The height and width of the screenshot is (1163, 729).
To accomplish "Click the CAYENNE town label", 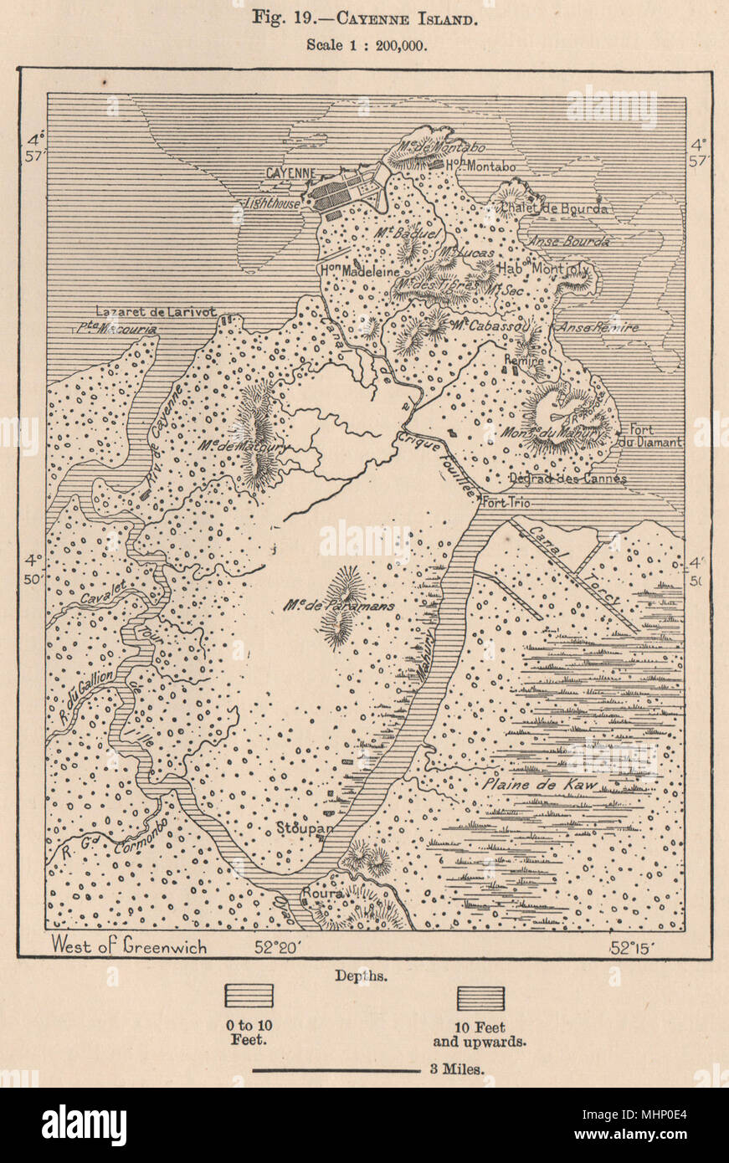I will point(290,173).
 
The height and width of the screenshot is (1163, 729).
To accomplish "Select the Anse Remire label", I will point(598,327).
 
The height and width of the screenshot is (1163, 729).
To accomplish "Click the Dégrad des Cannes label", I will point(567,479).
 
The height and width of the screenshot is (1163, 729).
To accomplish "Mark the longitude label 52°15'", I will point(632,947).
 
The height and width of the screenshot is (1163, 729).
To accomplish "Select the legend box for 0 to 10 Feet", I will point(249,996).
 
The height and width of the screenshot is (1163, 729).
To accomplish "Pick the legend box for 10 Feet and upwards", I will point(480,998).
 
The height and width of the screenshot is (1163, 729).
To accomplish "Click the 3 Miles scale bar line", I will point(335,1070).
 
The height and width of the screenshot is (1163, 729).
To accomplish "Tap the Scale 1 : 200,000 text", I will point(364,46).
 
